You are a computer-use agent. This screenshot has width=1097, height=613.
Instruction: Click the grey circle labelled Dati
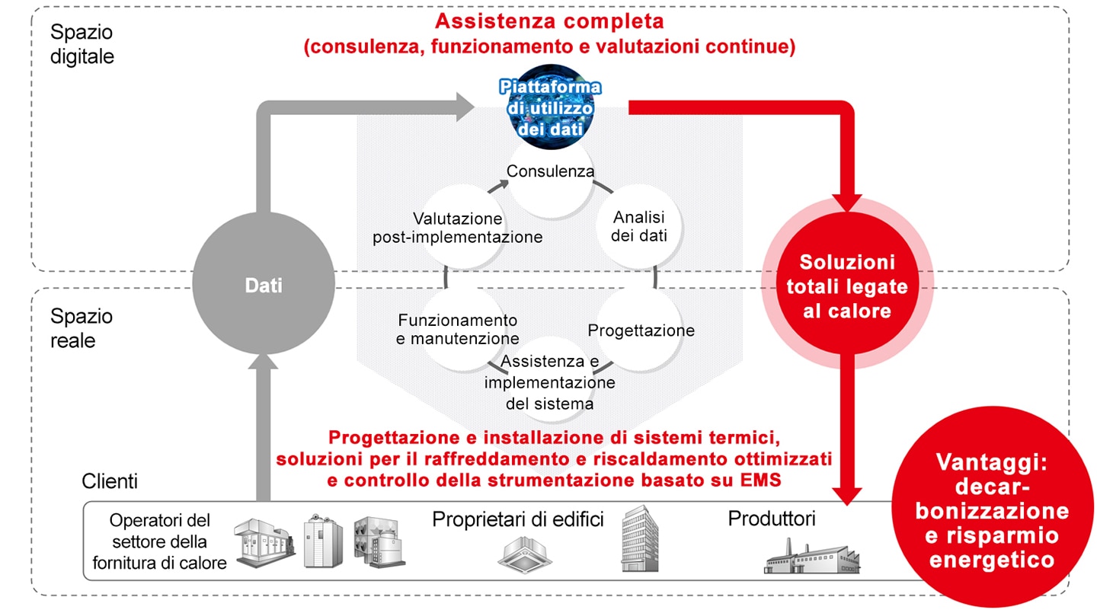[264, 284]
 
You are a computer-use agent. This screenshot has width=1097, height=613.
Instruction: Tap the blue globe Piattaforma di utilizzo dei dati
[551, 107]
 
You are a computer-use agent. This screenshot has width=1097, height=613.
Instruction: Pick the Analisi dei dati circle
[638, 226]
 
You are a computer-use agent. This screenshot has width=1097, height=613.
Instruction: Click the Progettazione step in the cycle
[641, 329]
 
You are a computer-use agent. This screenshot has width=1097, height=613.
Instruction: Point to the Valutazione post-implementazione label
[457, 228]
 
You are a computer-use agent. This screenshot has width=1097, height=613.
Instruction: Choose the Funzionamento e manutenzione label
[457, 329]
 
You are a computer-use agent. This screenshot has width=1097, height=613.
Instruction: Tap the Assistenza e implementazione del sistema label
[549, 382]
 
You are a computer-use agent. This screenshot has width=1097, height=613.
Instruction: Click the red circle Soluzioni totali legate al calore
[847, 283]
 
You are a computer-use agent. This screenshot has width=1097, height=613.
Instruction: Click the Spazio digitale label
[82, 44]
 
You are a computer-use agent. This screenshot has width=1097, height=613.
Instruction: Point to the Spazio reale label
[82, 328]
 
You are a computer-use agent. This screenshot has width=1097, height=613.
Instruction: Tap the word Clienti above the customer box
[110, 481]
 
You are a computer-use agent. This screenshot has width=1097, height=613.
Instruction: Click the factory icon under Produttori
[812, 556]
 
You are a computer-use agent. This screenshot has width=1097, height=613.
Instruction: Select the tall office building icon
[640, 538]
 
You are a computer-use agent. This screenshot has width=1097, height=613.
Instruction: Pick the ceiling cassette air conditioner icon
[524, 554]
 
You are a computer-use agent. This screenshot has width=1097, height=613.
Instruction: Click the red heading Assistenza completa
[549, 21]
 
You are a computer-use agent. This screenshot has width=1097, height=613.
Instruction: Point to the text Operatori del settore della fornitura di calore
[160, 541]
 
